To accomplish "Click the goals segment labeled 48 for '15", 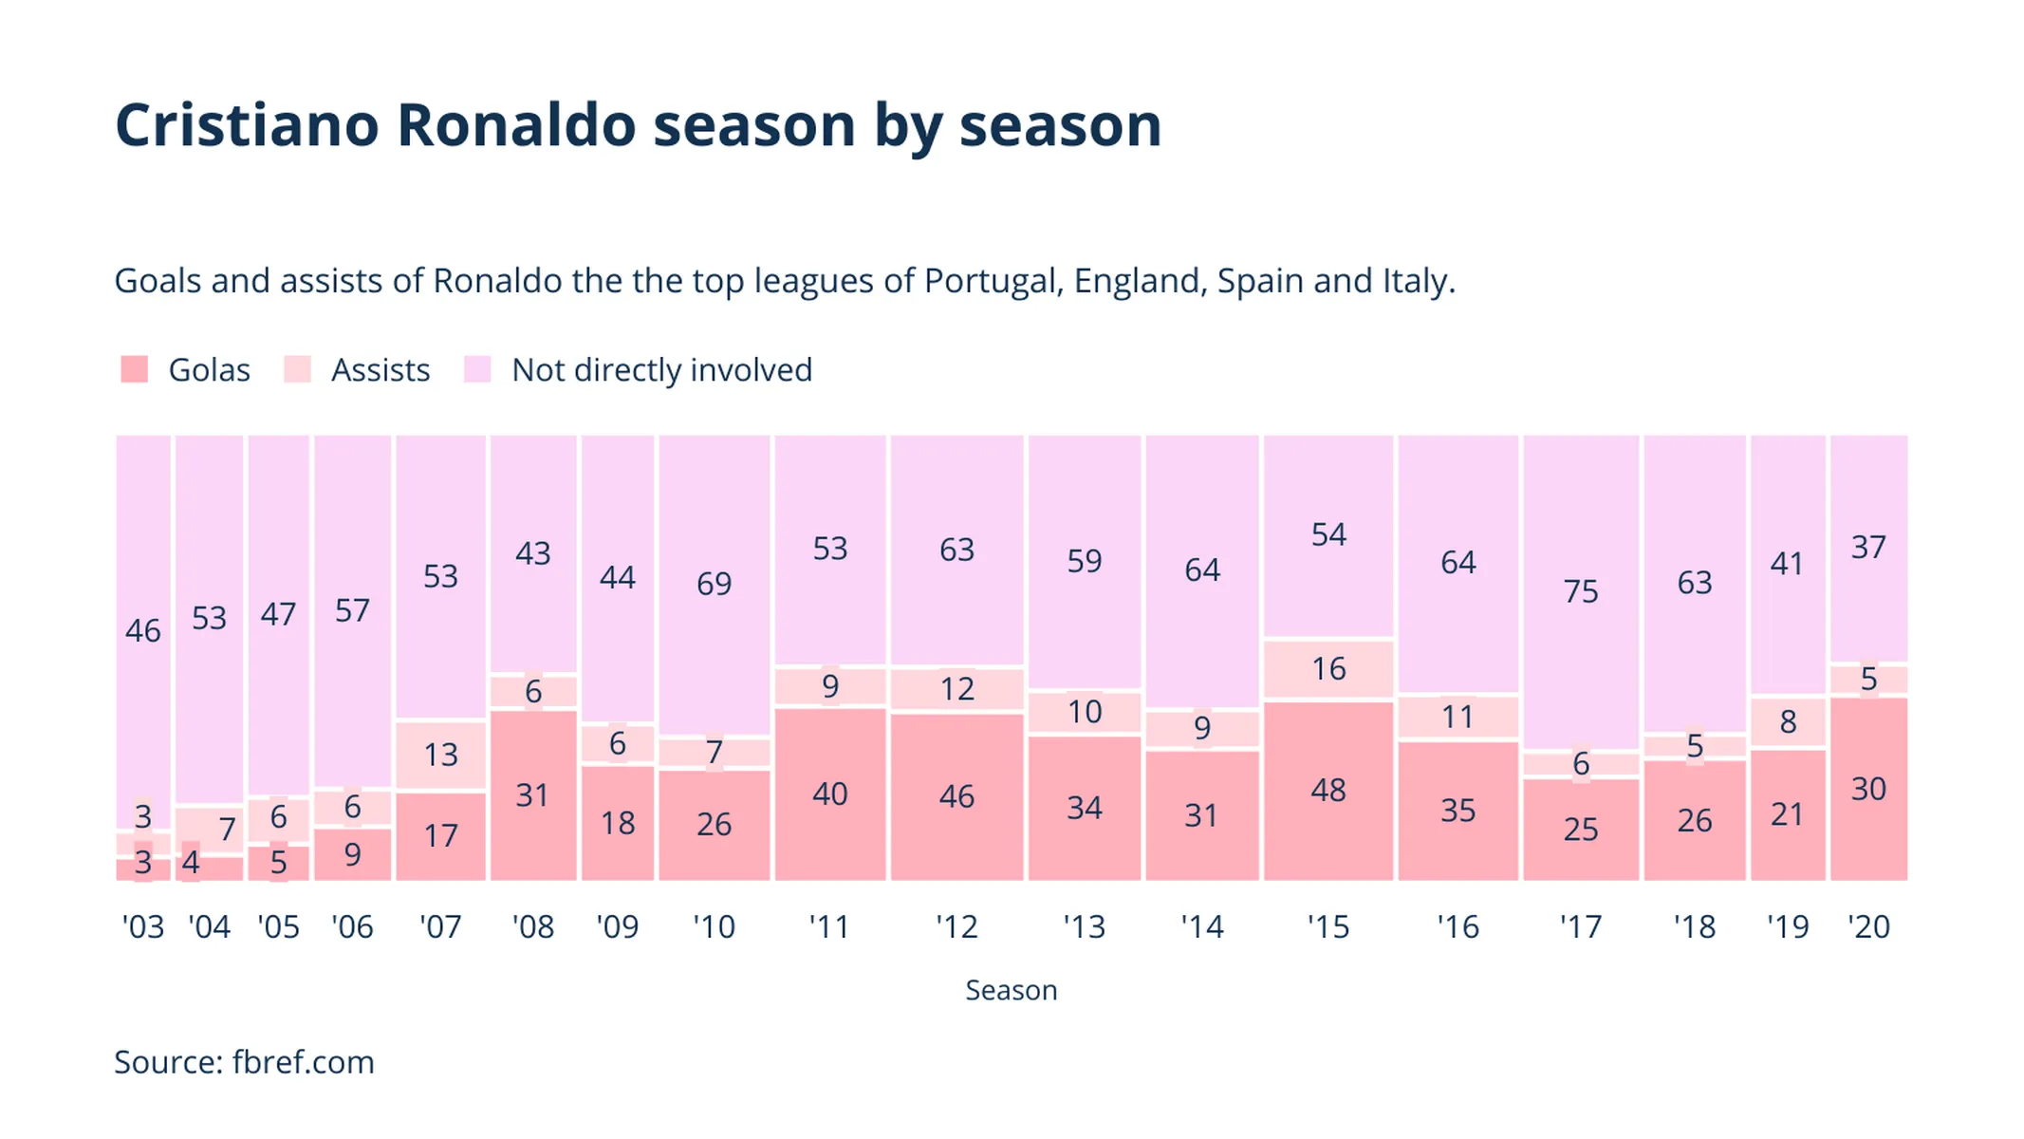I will [1328, 791].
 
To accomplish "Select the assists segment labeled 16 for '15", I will [1328, 669].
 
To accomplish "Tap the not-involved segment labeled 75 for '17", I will [1581, 591].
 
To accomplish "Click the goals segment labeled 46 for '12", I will [956, 796].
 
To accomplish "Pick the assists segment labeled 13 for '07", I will [440, 756].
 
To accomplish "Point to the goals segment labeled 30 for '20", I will [1867, 790].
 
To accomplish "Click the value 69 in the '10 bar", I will [714, 584].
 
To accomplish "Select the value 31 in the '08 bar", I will [532, 795].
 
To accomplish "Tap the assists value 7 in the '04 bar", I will [227, 830].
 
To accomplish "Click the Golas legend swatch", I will [135, 369].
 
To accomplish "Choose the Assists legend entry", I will [380, 370].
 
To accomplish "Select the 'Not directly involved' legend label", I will [661, 370].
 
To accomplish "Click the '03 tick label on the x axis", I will [143, 926].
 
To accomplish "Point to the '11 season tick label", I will [829, 926].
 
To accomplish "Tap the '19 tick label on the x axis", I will [1788, 926].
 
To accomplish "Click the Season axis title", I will [1011, 990].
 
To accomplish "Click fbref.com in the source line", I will [303, 1062].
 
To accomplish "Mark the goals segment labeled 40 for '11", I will [829, 794].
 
